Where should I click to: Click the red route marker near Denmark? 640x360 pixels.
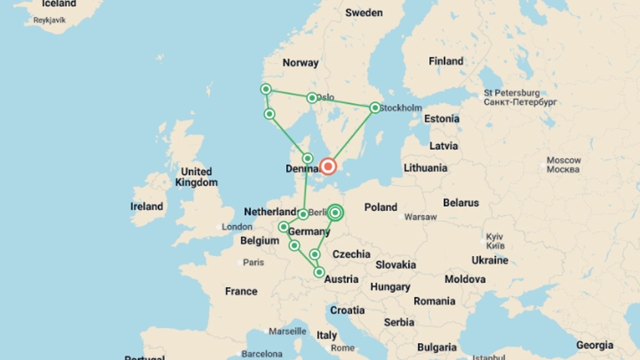(x=328, y=166)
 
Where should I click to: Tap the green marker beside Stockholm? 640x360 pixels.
(x=375, y=108)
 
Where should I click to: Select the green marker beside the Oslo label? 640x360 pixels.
(x=312, y=98)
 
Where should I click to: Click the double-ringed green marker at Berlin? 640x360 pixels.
(x=335, y=213)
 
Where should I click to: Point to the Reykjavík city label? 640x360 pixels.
(x=49, y=20)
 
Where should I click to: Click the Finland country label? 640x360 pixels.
(x=446, y=61)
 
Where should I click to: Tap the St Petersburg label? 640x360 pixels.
(x=512, y=93)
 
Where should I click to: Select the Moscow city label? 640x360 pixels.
(x=564, y=160)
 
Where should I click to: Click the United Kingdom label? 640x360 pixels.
(x=196, y=177)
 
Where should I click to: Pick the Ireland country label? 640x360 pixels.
(x=147, y=207)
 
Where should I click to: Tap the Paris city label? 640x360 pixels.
(x=253, y=262)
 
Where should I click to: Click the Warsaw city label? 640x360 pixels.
(x=420, y=217)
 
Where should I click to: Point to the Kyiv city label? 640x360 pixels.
(x=494, y=237)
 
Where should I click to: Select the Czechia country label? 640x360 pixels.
(x=351, y=254)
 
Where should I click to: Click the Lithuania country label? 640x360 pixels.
(x=425, y=168)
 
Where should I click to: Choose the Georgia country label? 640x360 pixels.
(x=595, y=345)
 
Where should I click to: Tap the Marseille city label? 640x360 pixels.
(x=287, y=331)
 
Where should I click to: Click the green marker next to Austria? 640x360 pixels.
(x=319, y=272)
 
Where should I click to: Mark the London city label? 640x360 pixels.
(x=237, y=227)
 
